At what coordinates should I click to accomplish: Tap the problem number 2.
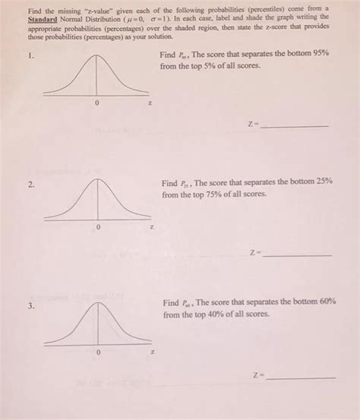[x=30, y=185]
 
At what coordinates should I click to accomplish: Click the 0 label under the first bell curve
[x=96, y=103]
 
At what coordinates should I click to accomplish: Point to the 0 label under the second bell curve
[x=97, y=227]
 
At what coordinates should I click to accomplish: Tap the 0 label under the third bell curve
[x=98, y=352]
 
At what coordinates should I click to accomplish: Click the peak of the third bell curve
[x=98, y=303]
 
